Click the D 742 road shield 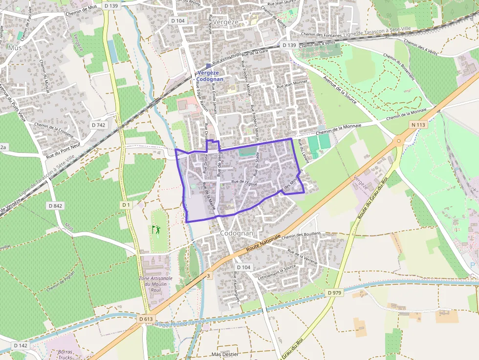[98, 125]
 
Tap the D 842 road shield [56, 206]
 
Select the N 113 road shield [419, 125]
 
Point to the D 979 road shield [334, 293]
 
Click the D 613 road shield [146, 319]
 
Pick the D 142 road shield [21, 345]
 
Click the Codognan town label [237, 233]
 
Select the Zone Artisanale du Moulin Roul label [156, 284]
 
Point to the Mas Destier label [225, 354]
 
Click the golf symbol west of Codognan [156, 229]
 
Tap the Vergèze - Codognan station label [210, 76]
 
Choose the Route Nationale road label [264, 242]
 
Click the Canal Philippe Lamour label [181, 323]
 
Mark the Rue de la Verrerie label [303, 257]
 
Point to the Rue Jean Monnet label [292, 84]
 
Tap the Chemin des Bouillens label [301, 235]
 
